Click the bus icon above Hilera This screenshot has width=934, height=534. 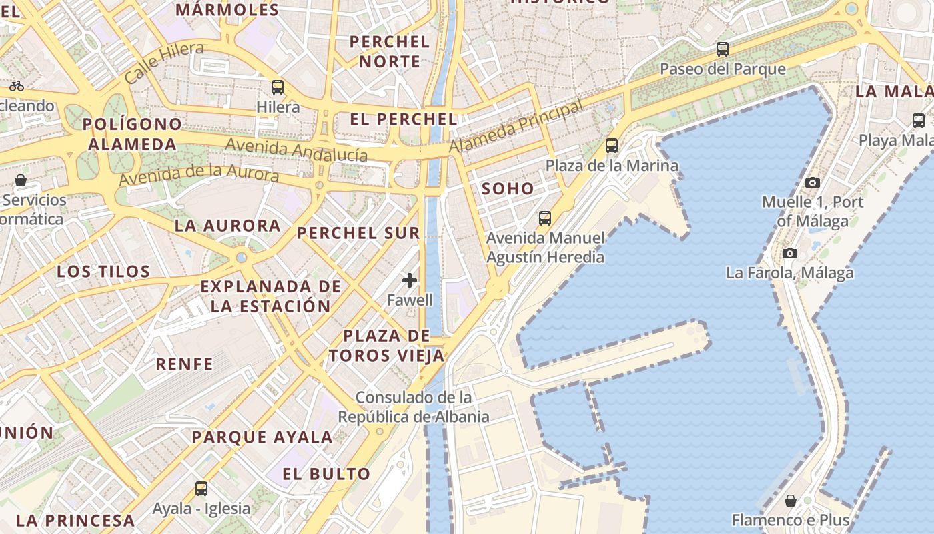click(278, 87)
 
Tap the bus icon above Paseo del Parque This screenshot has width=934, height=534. click(722, 49)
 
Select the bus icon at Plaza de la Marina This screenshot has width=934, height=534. click(612, 146)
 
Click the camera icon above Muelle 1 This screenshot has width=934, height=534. click(812, 182)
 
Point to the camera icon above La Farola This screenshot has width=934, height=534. click(790, 253)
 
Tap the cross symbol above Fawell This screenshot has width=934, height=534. click(410, 280)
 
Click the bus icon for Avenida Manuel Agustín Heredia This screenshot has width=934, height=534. click(545, 218)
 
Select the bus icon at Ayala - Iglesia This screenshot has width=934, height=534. click(201, 489)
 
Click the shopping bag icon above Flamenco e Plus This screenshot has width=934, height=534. click(791, 500)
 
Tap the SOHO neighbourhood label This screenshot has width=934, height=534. click(508, 189)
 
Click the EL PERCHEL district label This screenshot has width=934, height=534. click(404, 119)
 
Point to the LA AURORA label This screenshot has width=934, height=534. click(227, 226)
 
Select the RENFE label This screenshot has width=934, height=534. click(185, 364)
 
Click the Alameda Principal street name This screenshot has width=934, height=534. click(516, 125)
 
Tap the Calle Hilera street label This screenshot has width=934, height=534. click(164, 62)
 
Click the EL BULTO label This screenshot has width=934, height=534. click(326, 475)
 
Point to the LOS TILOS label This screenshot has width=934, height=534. click(103, 272)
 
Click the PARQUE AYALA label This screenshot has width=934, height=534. click(262, 438)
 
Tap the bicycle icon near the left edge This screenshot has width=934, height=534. click(17, 86)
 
